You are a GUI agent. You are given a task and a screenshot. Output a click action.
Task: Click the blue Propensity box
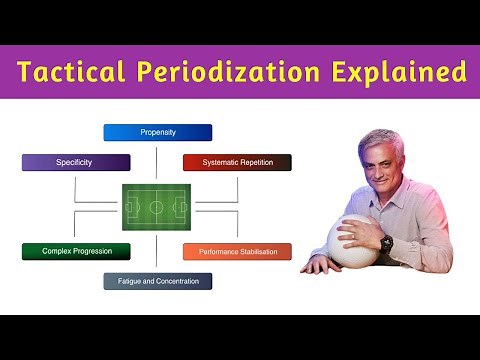tap(158, 132)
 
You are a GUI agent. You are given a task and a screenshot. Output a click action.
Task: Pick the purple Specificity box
tap(76, 162)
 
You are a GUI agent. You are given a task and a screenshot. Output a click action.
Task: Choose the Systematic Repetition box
tap(237, 162)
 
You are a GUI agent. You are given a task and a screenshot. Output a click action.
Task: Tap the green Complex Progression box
tap(76, 251)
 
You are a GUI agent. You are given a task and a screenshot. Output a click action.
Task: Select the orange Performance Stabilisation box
tap(237, 251)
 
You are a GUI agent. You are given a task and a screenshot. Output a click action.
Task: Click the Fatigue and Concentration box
tap(158, 281)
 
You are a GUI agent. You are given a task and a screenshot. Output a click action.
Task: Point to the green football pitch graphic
tap(157, 207)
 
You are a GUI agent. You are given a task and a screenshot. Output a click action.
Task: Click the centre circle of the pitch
tap(157, 207)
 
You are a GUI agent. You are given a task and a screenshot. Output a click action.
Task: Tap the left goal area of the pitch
tap(129, 207)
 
